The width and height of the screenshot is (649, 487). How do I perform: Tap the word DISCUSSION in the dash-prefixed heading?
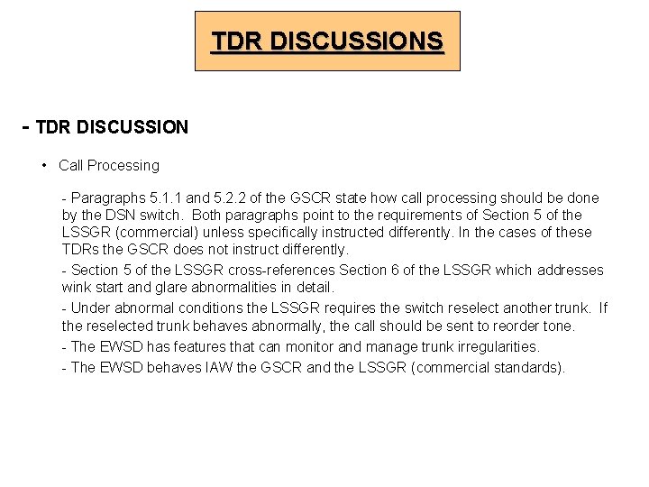pyautogui.click(x=133, y=128)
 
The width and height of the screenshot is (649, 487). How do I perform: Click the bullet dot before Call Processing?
pyautogui.click(x=44, y=166)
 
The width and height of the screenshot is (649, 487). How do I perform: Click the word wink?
pyautogui.click(x=78, y=288)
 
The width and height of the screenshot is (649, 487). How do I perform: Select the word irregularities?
pyautogui.click(x=492, y=346)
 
